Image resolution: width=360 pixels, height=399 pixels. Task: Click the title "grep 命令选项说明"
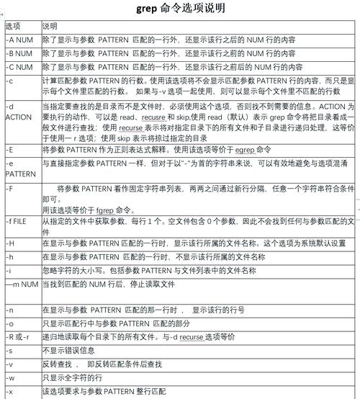(x=180, y=9)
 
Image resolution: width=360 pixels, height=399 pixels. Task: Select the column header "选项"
(x=13, y=25)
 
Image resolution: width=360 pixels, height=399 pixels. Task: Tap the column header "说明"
(x=50, y=25)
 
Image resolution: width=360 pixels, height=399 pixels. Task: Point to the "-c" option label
(x=9, y=81)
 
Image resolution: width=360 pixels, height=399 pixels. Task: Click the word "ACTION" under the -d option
(x=18, y=117)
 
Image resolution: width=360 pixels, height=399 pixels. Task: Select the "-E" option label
(x=9, y=149)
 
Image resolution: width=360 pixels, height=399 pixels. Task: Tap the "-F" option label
(x=9, y=188)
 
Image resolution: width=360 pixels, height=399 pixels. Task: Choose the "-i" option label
(x=8, y=270)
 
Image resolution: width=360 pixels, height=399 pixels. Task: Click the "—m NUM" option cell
(x=22, y=284)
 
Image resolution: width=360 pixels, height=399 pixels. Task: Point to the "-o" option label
(x=9, y=323)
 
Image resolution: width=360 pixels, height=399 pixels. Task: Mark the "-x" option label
(x=9, y=392)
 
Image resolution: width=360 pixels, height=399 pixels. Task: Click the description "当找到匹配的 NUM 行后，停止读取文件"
(x=108, y=284)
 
